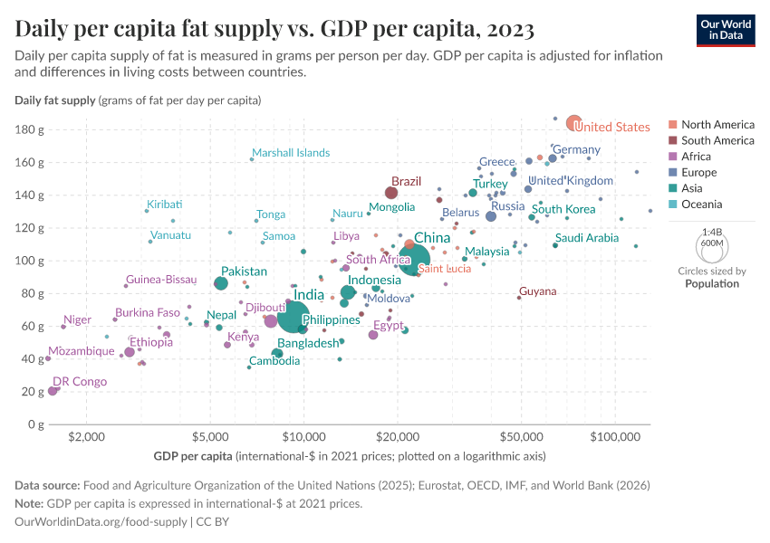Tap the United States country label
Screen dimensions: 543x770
point(612,128)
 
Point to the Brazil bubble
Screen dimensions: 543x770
point(391,193)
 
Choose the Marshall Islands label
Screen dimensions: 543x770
point(291,153)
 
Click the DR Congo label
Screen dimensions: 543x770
point(80,382)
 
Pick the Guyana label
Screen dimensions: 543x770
point(537,291)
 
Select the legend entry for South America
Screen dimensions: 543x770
point(717,140)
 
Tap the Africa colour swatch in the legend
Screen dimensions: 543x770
point(671,157)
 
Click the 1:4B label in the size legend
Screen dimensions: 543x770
point(711,233)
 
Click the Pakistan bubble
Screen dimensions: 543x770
point(221,283)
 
